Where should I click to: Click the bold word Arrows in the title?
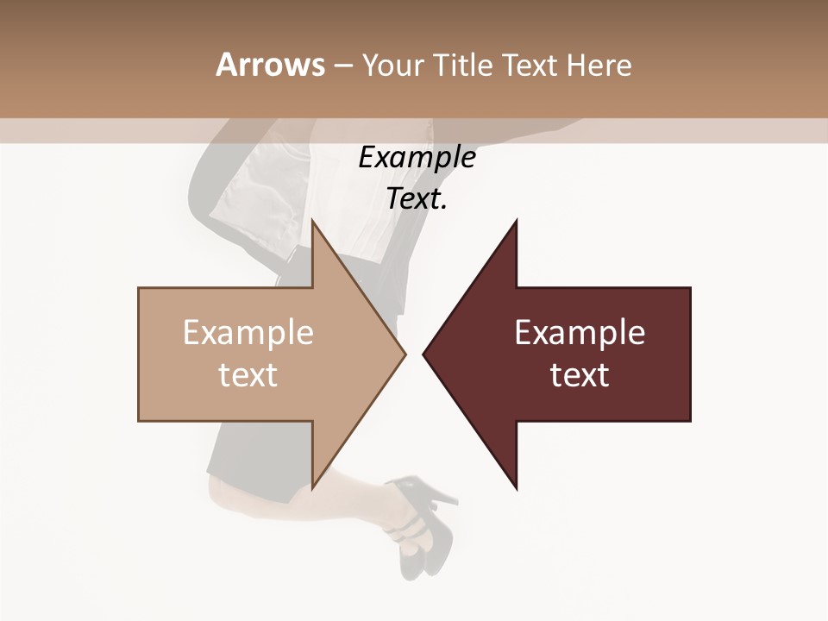coord(270,65)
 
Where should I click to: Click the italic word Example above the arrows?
coord(417,158)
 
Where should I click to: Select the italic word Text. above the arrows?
coord(417,199)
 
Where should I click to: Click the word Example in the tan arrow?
coord(248,333)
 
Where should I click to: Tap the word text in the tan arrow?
coord(248,375)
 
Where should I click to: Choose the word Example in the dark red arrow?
coord(580,333)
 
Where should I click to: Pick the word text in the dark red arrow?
coord(580,375)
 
